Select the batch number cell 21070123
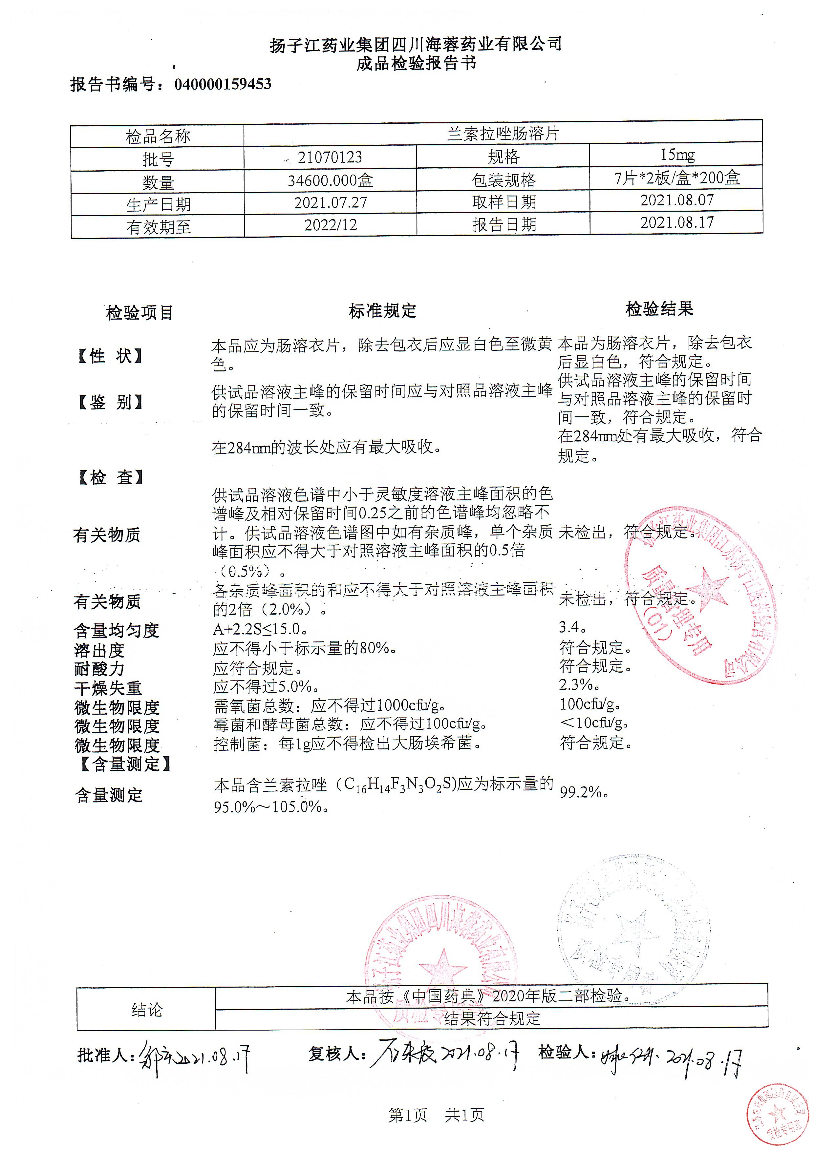[330, 157]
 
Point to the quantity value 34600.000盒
[330, 180]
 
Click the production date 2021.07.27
[330, 203]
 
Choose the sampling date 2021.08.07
[676, 200]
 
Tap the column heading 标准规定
[383, 311]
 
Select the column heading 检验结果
[659, 309]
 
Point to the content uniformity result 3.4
[572, 627]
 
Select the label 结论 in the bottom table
[146, 1010]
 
